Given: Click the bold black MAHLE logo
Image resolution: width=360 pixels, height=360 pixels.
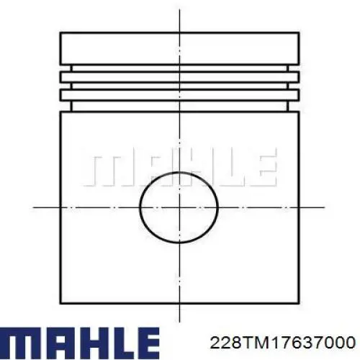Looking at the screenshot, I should pyautogui.click(x=80, y=338).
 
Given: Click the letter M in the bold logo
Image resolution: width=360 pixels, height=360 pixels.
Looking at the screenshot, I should pyautogui.click(x=22, y=338).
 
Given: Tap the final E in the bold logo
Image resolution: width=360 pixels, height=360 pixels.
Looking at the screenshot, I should pyautogui.click(x=144, y=338).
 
